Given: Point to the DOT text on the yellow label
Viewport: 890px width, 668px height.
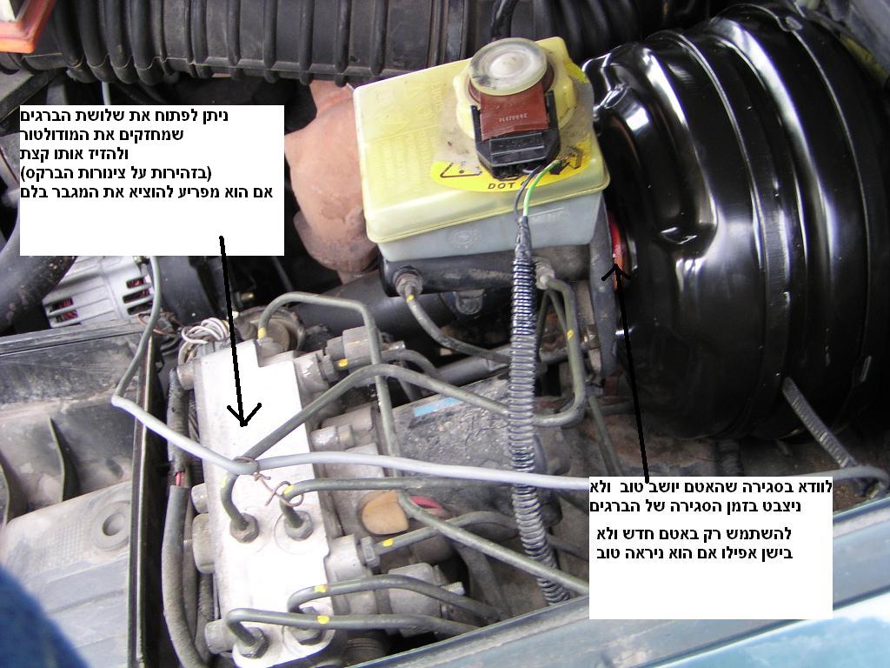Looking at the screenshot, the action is [x=499, y=185].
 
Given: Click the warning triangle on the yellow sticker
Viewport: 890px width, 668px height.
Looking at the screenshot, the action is [x=455, y=169].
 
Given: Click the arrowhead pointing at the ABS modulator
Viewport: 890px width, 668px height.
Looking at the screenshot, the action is [x=243, y=415].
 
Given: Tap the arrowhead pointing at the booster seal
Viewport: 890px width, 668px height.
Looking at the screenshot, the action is [x=616, y=272].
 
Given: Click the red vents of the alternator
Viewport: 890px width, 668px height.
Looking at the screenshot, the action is [x=137, y=296].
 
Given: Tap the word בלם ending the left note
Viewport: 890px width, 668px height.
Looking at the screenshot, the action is [x=34, y=192].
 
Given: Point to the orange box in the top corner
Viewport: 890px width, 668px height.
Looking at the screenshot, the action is [x=23, y=23].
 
